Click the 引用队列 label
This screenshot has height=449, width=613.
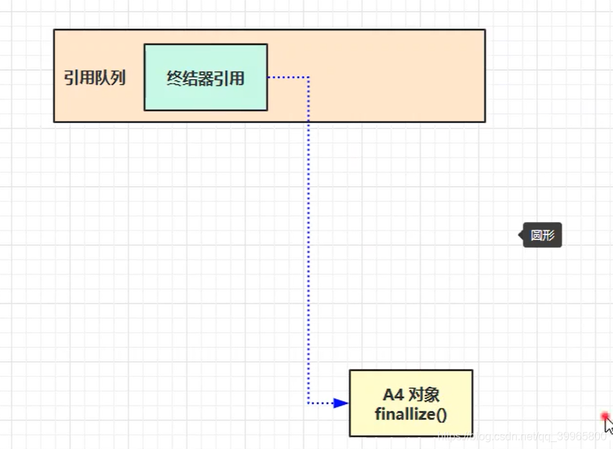click(x=95, y=77)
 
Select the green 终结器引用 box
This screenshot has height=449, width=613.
click(x=205, y=77)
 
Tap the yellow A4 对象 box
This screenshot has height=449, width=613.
click(x=411, y=403)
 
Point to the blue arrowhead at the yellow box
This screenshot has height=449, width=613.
click(x=340, y=403)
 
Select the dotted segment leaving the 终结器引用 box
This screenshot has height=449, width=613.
click(x=287, y=77)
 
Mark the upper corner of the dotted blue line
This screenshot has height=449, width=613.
click(x=309, y=77)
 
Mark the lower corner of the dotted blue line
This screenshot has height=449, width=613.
click(x=309, y=403)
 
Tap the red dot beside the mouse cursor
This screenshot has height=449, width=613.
click(x=605, y=416)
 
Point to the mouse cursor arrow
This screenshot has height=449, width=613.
click(x=608, y=424)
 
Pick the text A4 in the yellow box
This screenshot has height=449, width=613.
click(x=392, y=395)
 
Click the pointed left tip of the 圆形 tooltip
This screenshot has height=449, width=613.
click(x=520, y=235)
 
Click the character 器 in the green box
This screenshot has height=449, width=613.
click(x=205, y=77)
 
